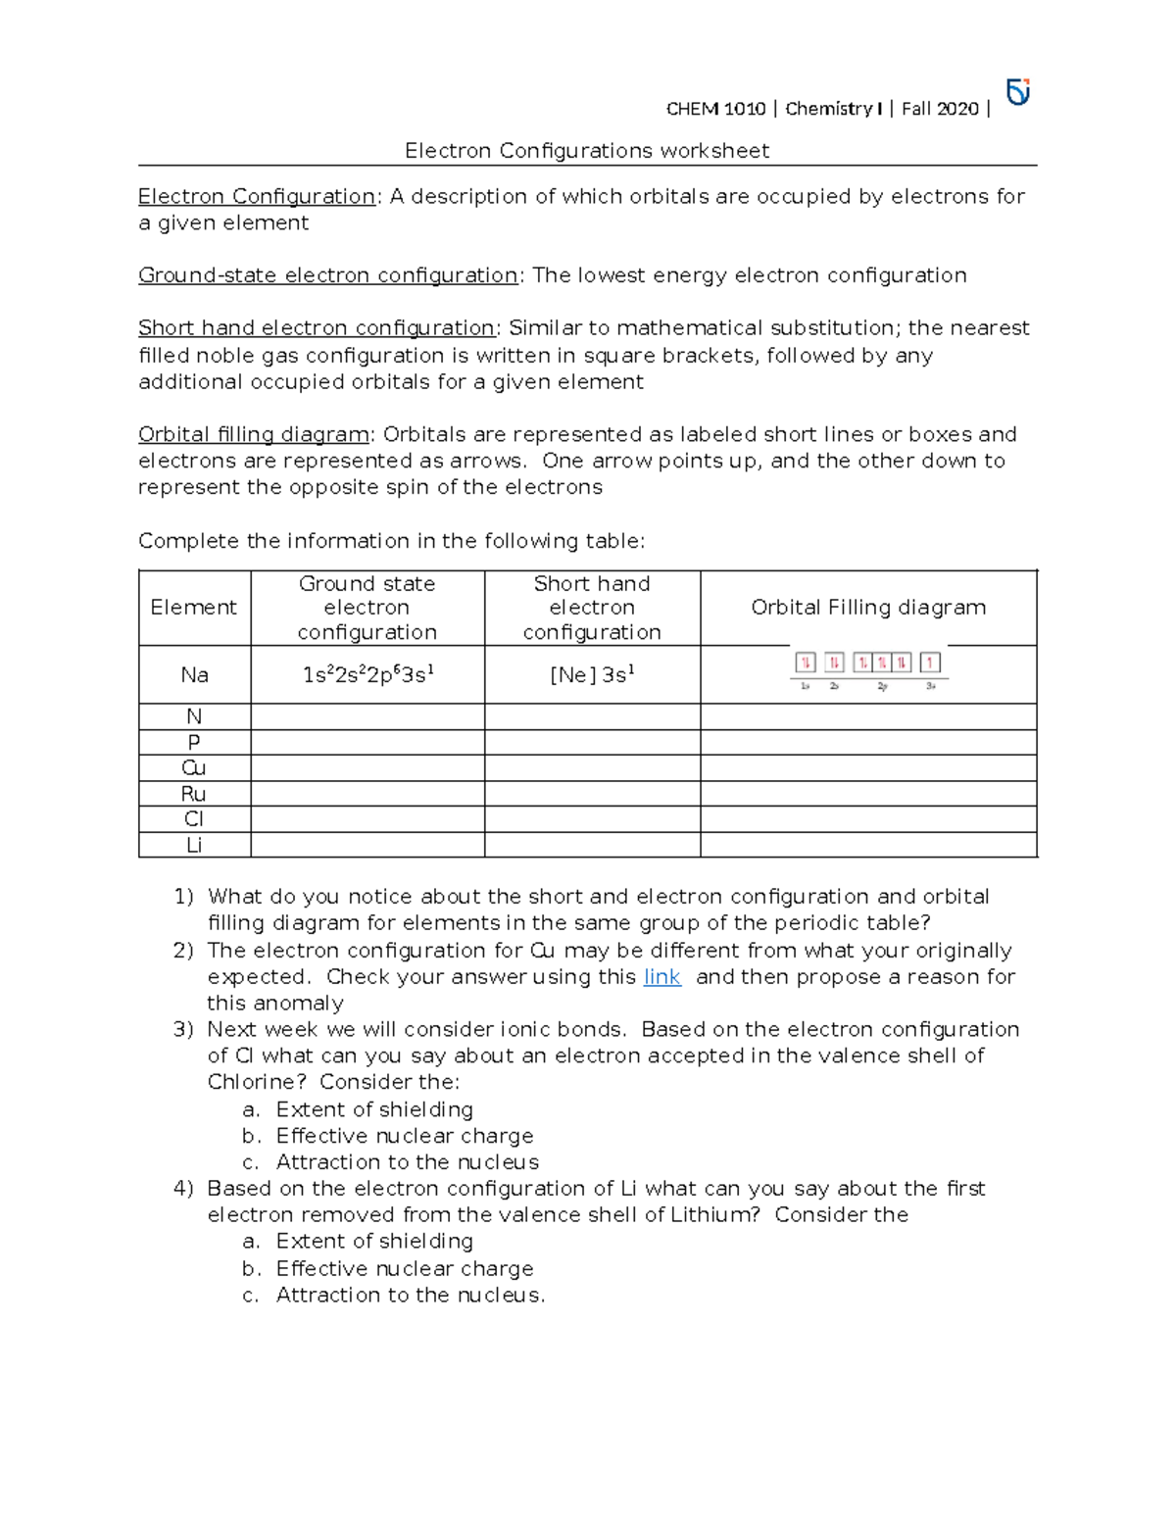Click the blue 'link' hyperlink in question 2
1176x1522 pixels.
click(661, 977)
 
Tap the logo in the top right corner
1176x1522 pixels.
click(1018, 92)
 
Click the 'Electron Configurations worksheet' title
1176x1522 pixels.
click(587, 151)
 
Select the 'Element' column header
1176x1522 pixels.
click(194, 608)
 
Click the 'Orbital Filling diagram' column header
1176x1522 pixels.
click(868, 608)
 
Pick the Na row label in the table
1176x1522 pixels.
click(194, 674)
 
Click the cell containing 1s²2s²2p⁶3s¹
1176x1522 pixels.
click(367, 674)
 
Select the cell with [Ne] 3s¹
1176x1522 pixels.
click(592, 674)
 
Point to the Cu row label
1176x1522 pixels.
click(194, 767)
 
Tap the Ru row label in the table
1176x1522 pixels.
click(194, 793)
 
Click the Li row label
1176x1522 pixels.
click(194, 844)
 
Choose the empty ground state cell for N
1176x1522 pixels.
click(367, 716)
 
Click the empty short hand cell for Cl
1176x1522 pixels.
click(592, 818)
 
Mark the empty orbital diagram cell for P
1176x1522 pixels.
click(868, 742)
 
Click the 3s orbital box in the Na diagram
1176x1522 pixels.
click(930, 663)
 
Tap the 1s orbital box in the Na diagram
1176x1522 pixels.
click(806, 663)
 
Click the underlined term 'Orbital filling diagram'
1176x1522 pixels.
click(254, 434)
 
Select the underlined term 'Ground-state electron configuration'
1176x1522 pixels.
click(327, 275)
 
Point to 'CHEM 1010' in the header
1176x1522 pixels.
click(715, 109)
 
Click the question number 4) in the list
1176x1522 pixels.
click(183, 1189)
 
